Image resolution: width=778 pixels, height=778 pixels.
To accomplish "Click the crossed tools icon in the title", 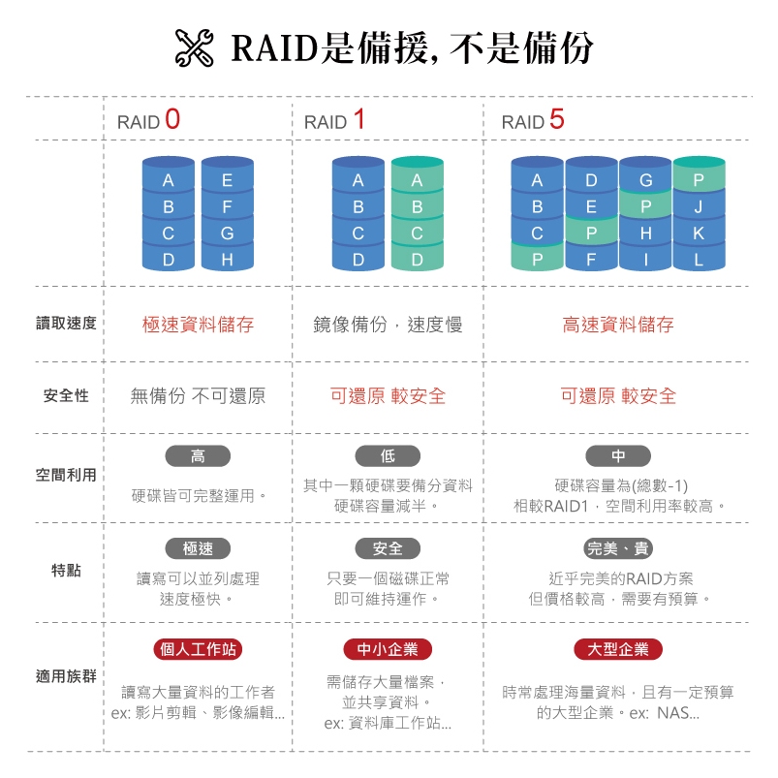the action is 195,48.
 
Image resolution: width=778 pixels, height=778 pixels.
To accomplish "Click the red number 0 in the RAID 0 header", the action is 172,119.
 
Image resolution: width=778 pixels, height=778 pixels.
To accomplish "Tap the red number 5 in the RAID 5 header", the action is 557,119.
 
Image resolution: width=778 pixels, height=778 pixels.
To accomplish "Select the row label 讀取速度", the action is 66,324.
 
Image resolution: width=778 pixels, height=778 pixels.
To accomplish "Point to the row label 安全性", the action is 66,395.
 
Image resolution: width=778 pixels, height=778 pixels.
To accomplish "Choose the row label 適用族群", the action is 66,676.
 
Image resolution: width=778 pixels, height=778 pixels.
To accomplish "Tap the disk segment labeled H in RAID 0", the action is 228,259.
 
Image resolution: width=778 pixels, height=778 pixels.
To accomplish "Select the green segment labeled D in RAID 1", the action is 417,259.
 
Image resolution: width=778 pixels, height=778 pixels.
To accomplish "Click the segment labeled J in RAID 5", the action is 699,206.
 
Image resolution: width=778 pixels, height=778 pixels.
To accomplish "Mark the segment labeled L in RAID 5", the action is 699,259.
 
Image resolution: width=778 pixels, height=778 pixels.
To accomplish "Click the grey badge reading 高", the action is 198,456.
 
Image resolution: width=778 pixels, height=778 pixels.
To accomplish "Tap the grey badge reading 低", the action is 388,456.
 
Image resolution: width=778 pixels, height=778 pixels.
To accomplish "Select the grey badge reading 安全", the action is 388,548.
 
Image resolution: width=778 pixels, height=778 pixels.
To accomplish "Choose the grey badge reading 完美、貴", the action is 618,548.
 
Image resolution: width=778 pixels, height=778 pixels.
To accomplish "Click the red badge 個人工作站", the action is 198,649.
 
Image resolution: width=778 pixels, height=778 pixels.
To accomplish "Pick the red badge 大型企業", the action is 618,649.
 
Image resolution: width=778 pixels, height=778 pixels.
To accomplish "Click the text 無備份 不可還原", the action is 198,396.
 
